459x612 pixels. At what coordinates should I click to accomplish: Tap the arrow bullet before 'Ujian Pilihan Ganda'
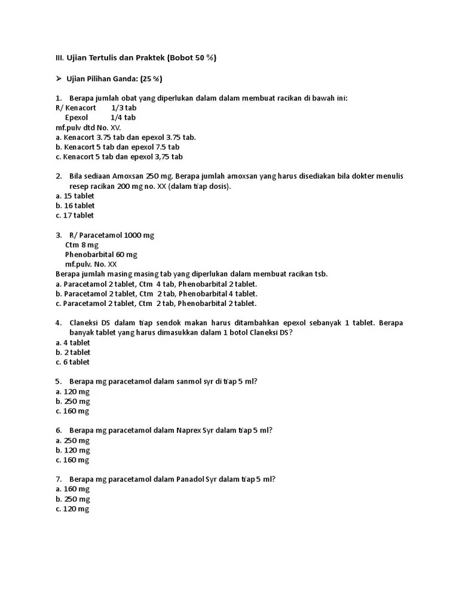point(59,78)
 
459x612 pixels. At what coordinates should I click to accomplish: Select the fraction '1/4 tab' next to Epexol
point(124,118)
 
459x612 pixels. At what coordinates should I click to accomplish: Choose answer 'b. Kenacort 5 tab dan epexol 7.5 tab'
point(118,147)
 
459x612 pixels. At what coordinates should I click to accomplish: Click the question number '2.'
point(59,176)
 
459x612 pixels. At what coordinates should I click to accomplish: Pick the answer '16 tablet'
point(75,206)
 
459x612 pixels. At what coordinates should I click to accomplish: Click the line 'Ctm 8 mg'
point(82,245)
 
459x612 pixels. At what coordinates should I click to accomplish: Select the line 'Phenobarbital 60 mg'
point(101,255)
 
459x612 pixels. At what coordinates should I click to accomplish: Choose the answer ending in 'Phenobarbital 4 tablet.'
point(157,294)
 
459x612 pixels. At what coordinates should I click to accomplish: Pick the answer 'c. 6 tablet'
point(73,362)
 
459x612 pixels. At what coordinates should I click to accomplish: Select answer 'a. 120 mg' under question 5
point(72,391)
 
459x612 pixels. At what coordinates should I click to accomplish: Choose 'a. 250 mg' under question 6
point(72,440)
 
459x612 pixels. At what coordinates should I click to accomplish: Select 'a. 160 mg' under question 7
point(72,489)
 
